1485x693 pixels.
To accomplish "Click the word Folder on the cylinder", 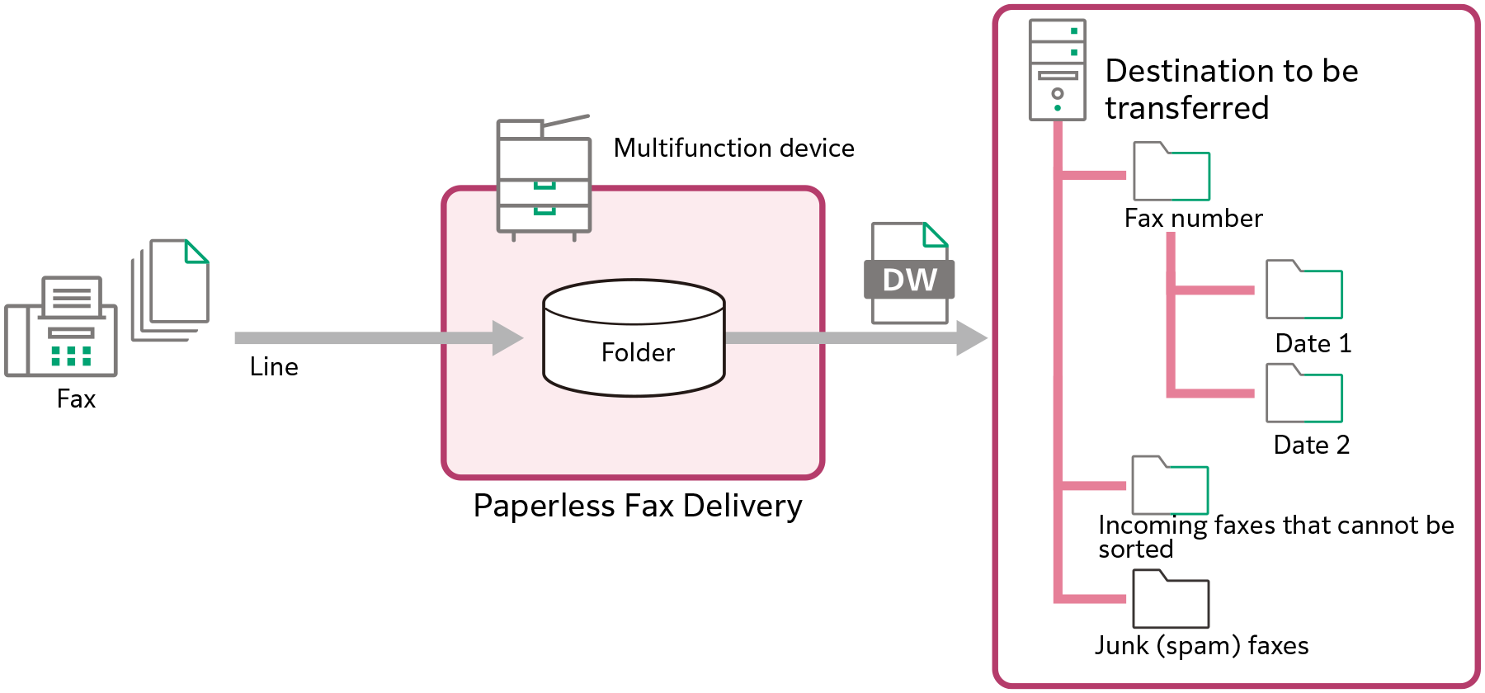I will pos(637,353).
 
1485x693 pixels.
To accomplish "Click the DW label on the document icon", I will pos(909,280).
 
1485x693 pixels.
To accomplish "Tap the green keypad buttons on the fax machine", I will pos(71,356).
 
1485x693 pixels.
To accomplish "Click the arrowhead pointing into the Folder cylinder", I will pos(507,338).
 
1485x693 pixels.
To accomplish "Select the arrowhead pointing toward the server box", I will pos(970,338).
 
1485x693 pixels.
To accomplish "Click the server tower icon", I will pos(1057,70).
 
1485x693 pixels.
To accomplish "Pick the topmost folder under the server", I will pos(1171,173).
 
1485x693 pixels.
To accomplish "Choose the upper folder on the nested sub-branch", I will pos(1304,291).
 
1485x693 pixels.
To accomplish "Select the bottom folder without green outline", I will pos(1171,601).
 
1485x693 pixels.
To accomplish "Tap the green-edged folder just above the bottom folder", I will pos(1170,487).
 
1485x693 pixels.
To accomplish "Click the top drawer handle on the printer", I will pos(544,185).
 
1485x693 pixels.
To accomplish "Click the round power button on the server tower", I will pos(1058,93).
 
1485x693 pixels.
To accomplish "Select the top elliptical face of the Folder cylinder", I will pos(634,302).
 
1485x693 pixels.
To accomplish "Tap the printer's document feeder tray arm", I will pos(566,121).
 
